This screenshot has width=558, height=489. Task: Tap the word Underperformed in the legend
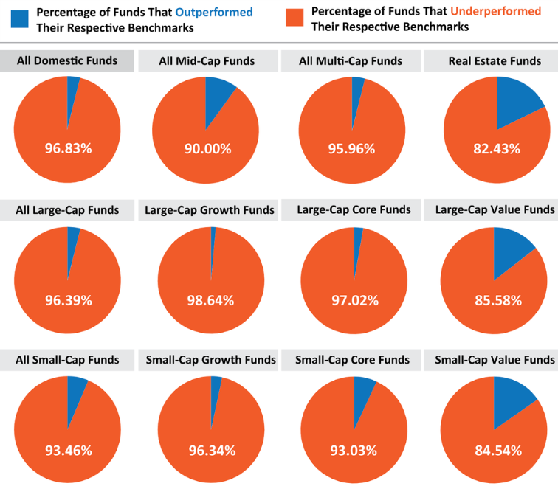(x=509, y=11)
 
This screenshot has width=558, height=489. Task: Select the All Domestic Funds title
(x=67, y=60)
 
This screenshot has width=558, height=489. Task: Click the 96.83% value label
(x=67, y=148)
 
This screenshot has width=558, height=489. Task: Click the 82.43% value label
(x=496, y=148)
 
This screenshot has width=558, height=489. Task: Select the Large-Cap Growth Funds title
(x=210, y=210)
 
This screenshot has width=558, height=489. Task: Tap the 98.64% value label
(x=210, y=300)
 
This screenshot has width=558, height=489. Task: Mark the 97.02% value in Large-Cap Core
(x=354, y=300)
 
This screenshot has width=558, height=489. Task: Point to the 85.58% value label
(x=497, y=300)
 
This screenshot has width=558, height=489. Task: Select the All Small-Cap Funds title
(x=67, y=360)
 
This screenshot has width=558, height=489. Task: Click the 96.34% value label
(x=210, y=450)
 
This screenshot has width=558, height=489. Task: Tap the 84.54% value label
(x=497, y=450)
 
